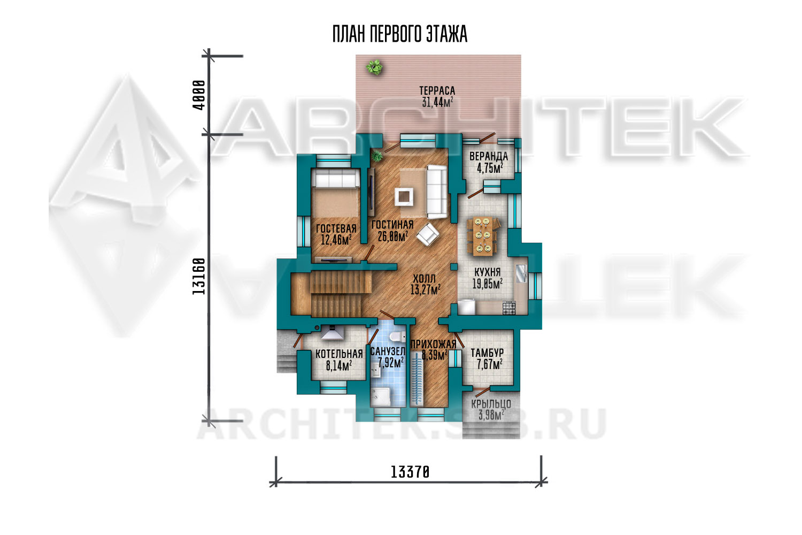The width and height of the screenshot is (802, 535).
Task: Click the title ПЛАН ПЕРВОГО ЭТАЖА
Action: coord(400,34)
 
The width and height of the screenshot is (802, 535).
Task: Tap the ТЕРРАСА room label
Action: coord(437,90)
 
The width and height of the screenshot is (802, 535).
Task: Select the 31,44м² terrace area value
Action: coord(437,102)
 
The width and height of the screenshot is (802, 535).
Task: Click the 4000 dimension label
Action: coord(199,95)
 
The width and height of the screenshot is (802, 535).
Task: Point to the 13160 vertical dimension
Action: coord(199,276)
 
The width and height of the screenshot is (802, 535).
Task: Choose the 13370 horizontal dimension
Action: coord(410,472)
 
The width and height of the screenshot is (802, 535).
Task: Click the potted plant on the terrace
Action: coord(374,67)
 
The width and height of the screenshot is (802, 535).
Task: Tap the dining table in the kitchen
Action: coord(482,236)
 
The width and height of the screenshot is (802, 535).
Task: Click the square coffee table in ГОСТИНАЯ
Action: coord(404,197)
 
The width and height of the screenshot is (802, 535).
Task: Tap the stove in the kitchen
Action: coord(509,308)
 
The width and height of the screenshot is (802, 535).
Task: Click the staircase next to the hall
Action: coord(331,294)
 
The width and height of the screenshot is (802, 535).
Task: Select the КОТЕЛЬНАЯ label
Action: coord(339,354)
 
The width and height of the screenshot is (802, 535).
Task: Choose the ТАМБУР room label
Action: coord(487,353)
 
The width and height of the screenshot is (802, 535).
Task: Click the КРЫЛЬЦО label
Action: coord(491,404)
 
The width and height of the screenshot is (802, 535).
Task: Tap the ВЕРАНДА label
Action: coord(489,156)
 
